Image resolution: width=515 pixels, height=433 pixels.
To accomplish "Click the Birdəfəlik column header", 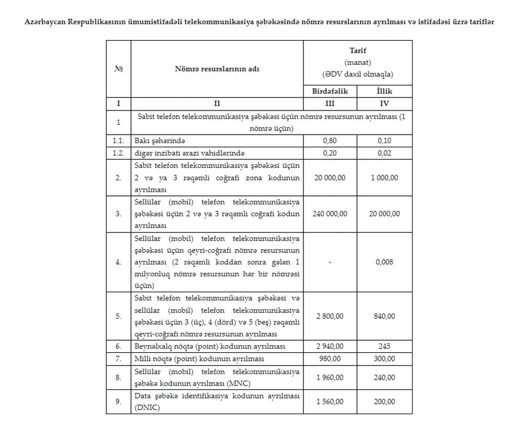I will (330, 90).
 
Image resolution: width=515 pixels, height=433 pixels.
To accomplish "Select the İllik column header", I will (385, 90).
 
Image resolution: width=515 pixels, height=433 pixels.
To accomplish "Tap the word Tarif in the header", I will (357, 51).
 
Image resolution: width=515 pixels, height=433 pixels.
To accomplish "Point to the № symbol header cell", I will (118, 69).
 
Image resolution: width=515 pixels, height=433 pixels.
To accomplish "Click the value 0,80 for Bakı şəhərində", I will (330, 140).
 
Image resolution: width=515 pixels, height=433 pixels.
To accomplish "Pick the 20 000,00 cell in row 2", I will (330, 177).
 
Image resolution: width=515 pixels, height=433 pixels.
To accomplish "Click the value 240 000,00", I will (330, 213).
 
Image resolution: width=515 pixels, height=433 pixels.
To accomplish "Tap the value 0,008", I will (385, 262).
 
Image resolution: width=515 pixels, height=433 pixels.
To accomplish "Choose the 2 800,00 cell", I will (330, 316).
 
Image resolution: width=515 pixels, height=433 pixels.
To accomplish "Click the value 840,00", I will (385, 316).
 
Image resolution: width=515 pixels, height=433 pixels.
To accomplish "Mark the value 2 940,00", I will (330, 346).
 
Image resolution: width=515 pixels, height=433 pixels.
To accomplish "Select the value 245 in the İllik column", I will (385, 346).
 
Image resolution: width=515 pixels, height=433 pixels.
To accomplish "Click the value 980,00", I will (330, 358).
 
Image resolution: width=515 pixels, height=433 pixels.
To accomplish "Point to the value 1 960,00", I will (330, 377).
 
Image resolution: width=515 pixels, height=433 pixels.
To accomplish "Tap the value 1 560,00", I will (330, 401).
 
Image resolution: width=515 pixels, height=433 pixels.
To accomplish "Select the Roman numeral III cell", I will (330, 103).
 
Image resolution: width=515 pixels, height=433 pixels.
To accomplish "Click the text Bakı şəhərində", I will (159, 140).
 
